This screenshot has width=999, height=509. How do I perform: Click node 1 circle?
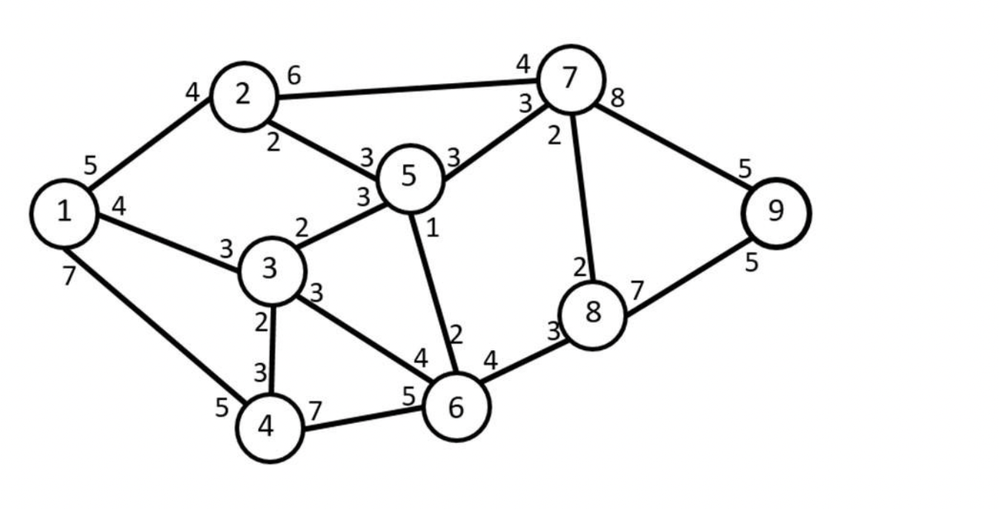[x=64, y=214]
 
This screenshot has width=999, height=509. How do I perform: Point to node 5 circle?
[x=410, y=177]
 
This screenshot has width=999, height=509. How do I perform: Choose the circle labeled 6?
[x=457, y=407]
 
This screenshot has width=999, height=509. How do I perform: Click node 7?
[x=570, y=79]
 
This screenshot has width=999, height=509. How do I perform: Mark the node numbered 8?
[x=593, y=314]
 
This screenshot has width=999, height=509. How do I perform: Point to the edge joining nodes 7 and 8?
[x=582, y=197]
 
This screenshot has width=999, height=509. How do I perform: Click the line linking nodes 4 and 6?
[x=363, y=417]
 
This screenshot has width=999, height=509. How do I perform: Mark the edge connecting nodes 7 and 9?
[x=674, y=148]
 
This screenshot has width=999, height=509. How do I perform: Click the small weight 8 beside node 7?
[x=618, y=98]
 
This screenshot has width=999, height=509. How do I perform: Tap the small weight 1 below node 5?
[x=432, y=227]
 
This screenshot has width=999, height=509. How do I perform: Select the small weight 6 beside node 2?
[x=294, y=76]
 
